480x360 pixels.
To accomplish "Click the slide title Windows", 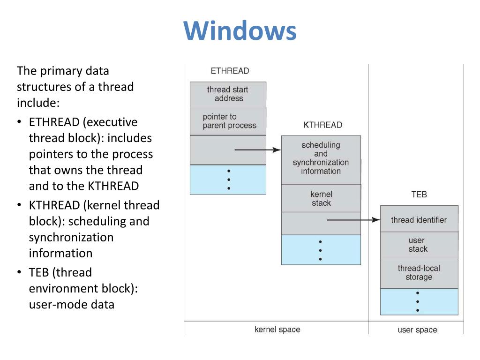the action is pyautogui.click(x=240, y=30).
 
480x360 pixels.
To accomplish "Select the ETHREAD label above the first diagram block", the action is pyautogui.click(x=230, y=71).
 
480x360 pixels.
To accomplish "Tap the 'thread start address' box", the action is pyautogui.click(x=228, y=95).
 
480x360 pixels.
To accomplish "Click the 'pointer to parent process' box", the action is pyautogui.click(x=228, y=121).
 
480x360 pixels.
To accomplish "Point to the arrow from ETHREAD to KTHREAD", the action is pyautogui.click(x=258, y=150).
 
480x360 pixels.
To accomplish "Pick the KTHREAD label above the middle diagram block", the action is pyautogui.click(x=323, y=125).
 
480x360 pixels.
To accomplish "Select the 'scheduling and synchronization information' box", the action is pyautogui.click(x=321, y=160).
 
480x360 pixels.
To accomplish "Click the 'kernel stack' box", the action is pyautogui.click(x=321, y=198).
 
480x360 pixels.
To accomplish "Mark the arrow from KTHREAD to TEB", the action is pyautogui.click(x=353, y=220).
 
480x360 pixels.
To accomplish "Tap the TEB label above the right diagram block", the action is pyautogui.click(x=419, y=195).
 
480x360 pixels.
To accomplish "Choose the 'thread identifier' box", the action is pyautogui.click(x=420, y=219).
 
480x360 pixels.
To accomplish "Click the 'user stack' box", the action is pyautogui.click(x=420, y=246).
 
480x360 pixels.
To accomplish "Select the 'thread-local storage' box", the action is pyautogui.click(x=420, y=274).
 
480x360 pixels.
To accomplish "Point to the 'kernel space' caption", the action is pyautogui.click(x=277, y=330).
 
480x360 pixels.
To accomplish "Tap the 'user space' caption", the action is pyautogui.click(x=417, y=330).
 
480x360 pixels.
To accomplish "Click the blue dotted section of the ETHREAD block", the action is pyautogui.click(x=228, y=180).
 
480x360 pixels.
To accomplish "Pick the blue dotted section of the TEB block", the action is pyautogui.click(x=420, y=301).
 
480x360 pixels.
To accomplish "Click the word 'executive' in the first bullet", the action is pyautogui.click(x=110, y=122).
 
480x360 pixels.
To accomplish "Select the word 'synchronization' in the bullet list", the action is pyautogui.click(x=71, y=237).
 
